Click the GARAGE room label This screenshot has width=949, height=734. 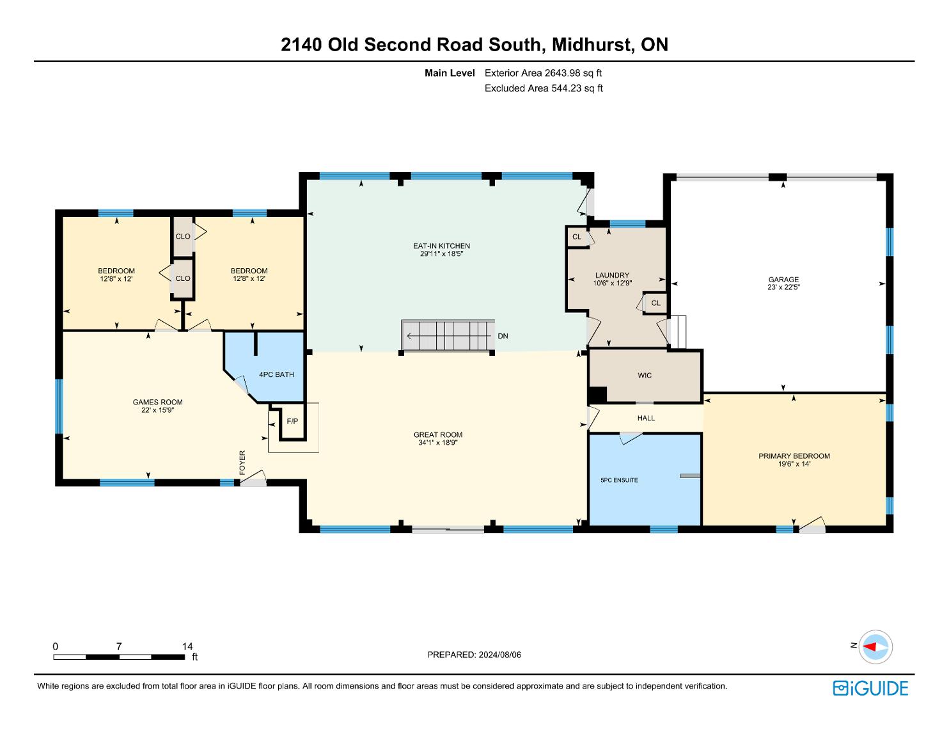coord(783,279)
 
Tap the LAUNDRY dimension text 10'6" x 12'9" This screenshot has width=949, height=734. coord(612,283)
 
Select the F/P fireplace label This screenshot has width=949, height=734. coord(292,421)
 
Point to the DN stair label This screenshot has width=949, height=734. coord(503,336)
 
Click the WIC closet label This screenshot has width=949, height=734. coord(645,375)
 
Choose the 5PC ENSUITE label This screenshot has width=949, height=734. coord(619,480)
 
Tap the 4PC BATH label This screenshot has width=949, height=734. coord(276,374)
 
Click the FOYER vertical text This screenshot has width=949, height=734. coord(242,463)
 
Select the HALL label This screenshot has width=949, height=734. coord(646,418)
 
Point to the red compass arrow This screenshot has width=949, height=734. coord(870,646)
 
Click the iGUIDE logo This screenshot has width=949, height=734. coord(870,688)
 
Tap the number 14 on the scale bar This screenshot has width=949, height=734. coord(187,646)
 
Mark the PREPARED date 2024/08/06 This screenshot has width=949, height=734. coord(499,655)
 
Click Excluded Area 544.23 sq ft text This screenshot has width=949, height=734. coord(544,88)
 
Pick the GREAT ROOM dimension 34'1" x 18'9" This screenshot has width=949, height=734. coord(437,443)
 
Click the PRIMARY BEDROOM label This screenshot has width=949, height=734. coord(794,456)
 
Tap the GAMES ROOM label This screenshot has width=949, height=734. coord(158,403)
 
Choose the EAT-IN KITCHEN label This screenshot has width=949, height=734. coord(441,246)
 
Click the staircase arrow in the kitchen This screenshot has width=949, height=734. coord(449,336)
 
